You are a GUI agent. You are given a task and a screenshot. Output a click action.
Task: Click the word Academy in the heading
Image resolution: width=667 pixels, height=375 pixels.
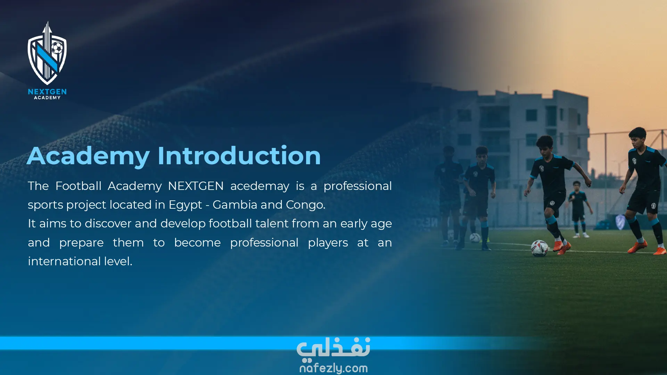click(x=88, y=156)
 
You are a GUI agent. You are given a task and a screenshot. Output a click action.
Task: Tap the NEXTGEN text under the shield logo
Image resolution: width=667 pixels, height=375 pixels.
click(x=47, y=92)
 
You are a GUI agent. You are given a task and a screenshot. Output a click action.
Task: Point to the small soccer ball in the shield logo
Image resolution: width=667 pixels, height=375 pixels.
click(x=57, y=48)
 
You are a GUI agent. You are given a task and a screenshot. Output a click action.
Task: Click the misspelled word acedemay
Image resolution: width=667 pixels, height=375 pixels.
click(x=260, y=186)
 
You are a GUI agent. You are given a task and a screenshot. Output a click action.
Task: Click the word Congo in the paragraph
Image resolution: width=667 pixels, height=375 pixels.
click(x=306, y=205)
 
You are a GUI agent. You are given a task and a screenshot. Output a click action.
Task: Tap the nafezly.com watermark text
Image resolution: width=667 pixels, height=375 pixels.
click(x=333, y=368)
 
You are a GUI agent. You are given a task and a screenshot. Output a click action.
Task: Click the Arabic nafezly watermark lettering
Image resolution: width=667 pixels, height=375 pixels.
click(x=333, y=348)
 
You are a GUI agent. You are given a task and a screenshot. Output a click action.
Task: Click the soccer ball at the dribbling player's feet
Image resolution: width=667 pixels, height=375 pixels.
click(x=540, y=248)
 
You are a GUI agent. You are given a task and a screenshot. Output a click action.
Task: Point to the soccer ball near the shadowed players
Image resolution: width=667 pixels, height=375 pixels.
click(x=475, y=238)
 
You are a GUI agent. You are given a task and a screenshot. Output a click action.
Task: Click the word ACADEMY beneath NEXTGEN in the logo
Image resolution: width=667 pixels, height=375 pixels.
click(x=47, y=98)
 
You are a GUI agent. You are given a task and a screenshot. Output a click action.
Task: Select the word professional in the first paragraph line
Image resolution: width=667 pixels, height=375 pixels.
click(x=357, y=186)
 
